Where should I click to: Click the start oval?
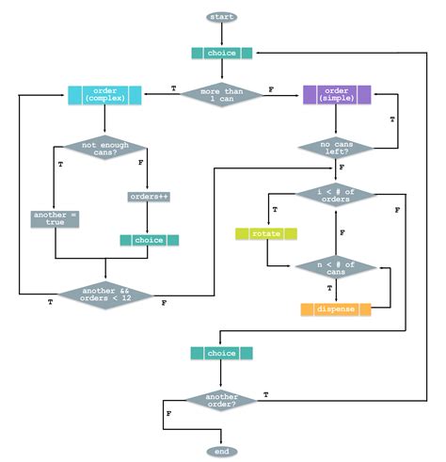point(222,17)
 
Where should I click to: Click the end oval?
point(222,452)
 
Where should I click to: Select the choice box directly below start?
point(222,53)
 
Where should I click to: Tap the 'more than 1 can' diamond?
point(222,94)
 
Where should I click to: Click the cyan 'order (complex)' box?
point(104,94)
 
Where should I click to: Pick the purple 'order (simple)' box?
point(337,94)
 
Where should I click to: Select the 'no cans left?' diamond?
point(337,146)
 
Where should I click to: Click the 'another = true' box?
point(56,218)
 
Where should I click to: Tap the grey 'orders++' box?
point(147,197)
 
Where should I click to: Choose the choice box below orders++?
point(147,240)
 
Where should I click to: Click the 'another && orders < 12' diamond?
point(104,295)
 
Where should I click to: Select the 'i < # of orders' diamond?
point(337,194)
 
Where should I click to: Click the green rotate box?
point(266,233)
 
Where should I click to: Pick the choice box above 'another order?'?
point(222,354)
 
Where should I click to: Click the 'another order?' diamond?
point(222,400)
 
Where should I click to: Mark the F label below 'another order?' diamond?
point(168,413)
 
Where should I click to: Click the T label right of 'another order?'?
point(266,393)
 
